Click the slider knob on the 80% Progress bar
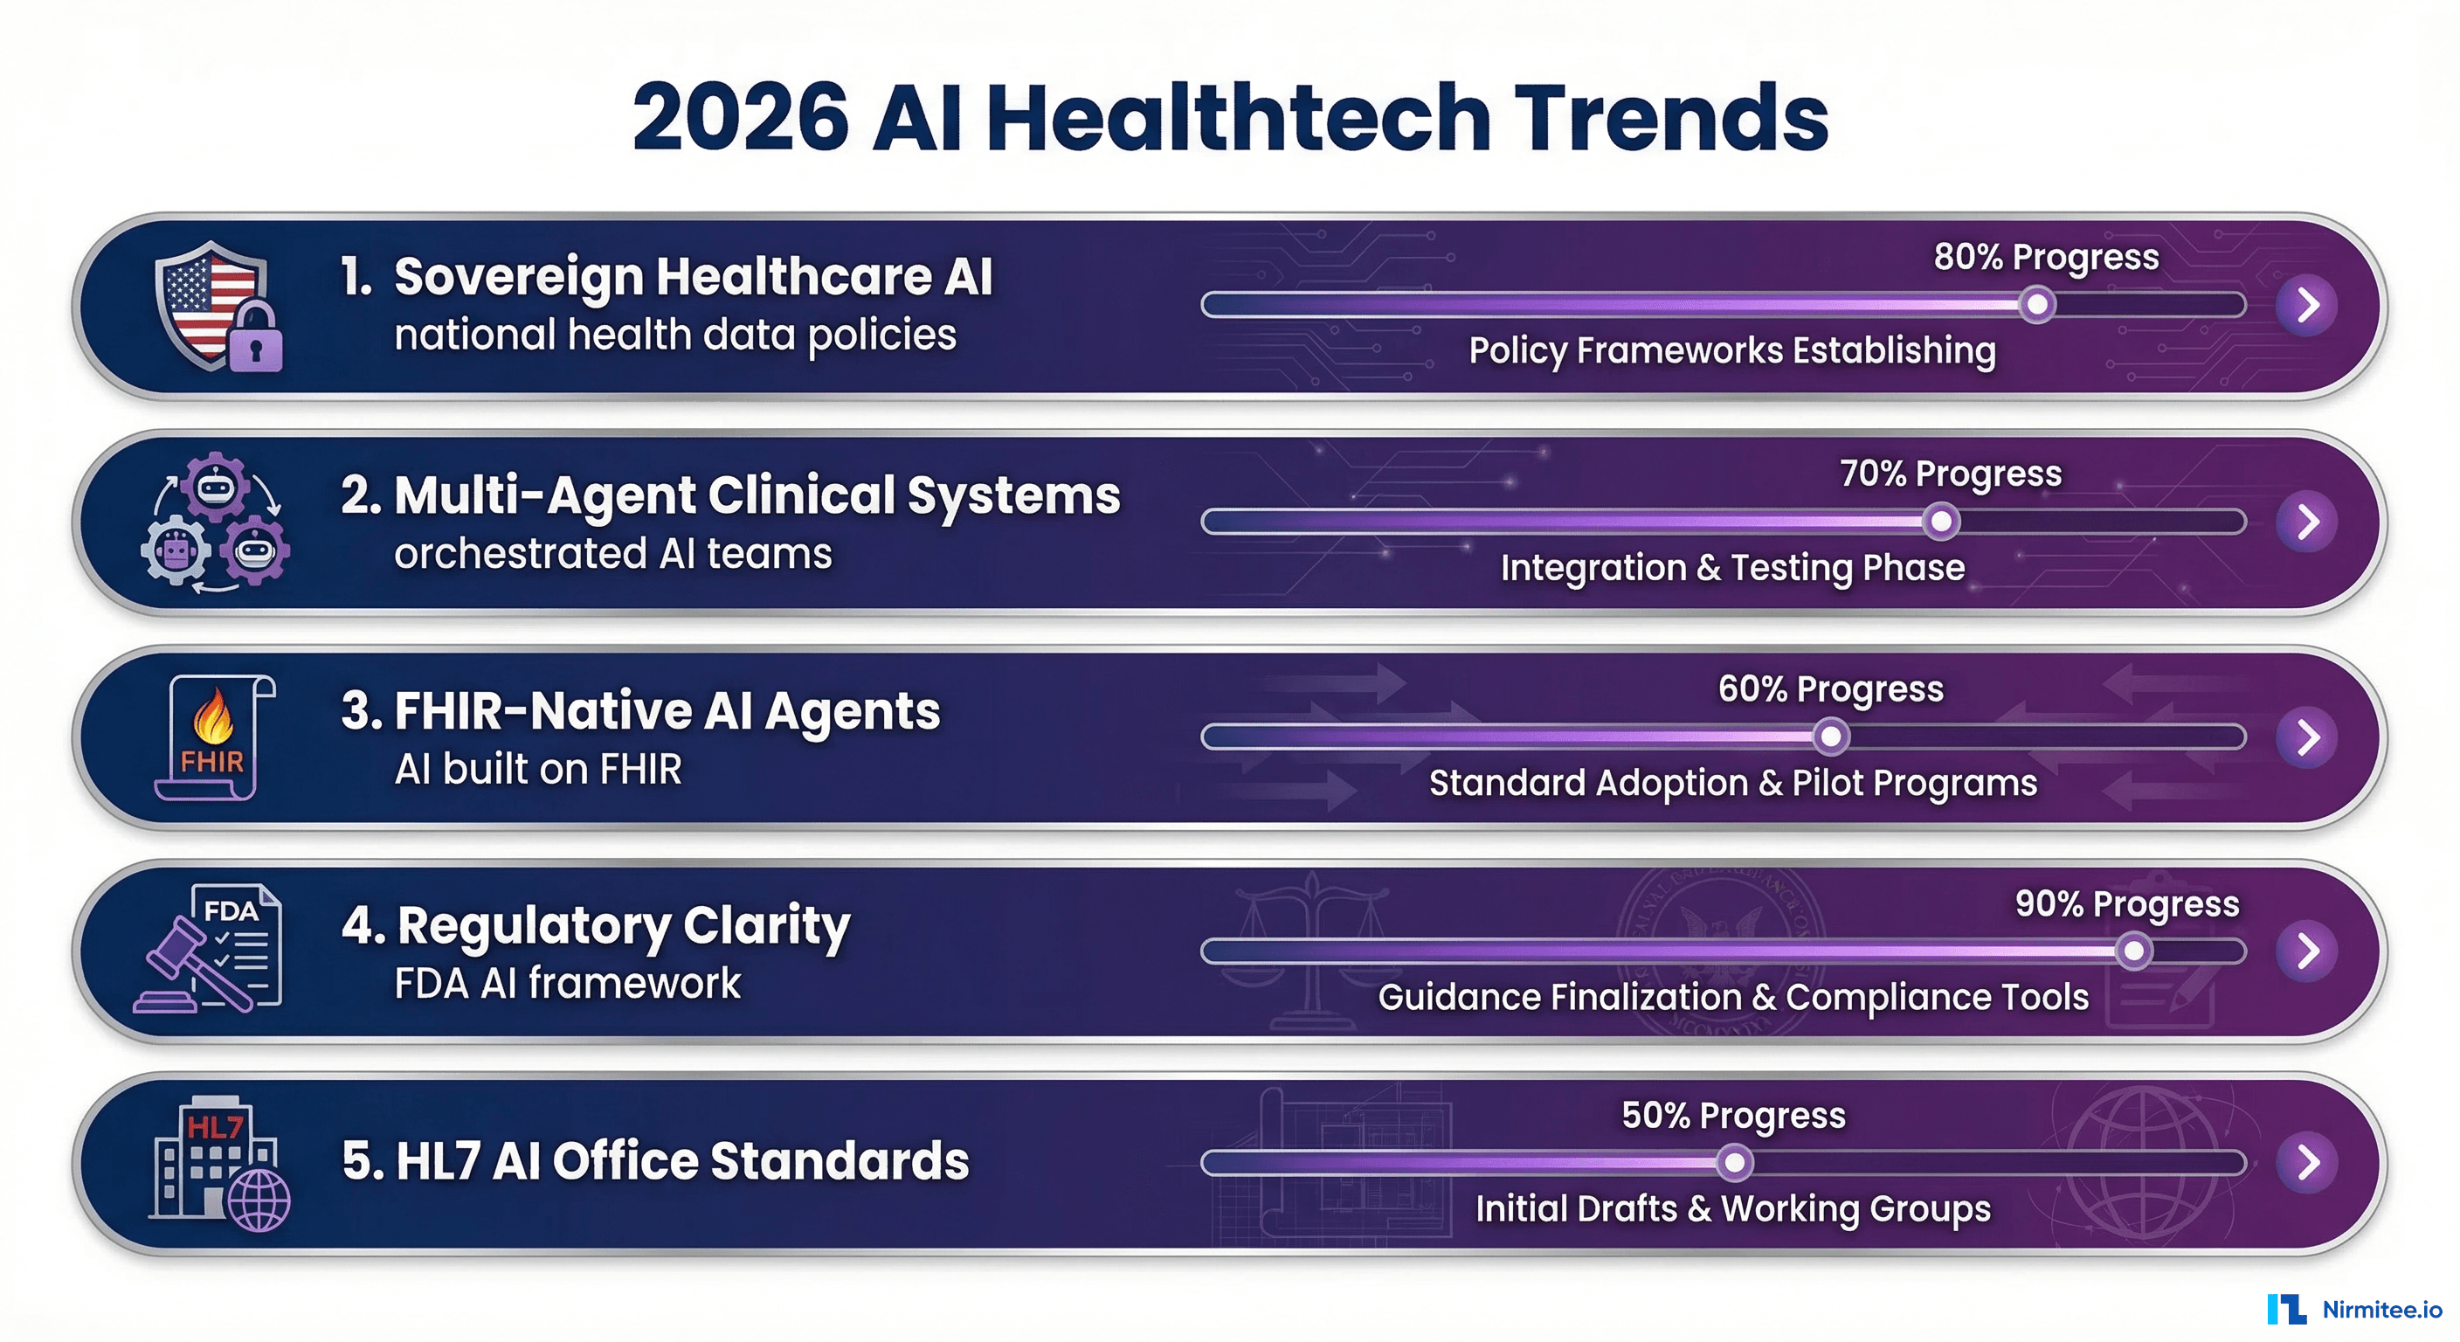[x=2037, y=305]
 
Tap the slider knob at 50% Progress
[x=1734, y=1162]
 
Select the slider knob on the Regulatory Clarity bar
[x=2133, y=951]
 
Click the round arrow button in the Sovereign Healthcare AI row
[x=2306, y=305]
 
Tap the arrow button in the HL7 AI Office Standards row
[x=2306, y=1161]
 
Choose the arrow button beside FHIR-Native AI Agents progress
[x=2306, y=737]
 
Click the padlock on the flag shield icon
[x=255, y=342]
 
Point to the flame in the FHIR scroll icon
[x=213, y=717]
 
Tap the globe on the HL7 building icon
[x=259, y=1200]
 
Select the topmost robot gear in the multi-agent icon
[x=215, y=485]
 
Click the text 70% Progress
[x=1950, y=474]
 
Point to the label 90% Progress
[x=2126, y=903]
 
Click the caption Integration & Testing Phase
[x=1732, y=567]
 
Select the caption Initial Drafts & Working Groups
[x=1732, y=1208]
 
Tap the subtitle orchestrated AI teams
[x=612, y=554]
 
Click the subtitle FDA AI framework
[x=567, y=984]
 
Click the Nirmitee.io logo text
[x=2381, y=1310]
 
